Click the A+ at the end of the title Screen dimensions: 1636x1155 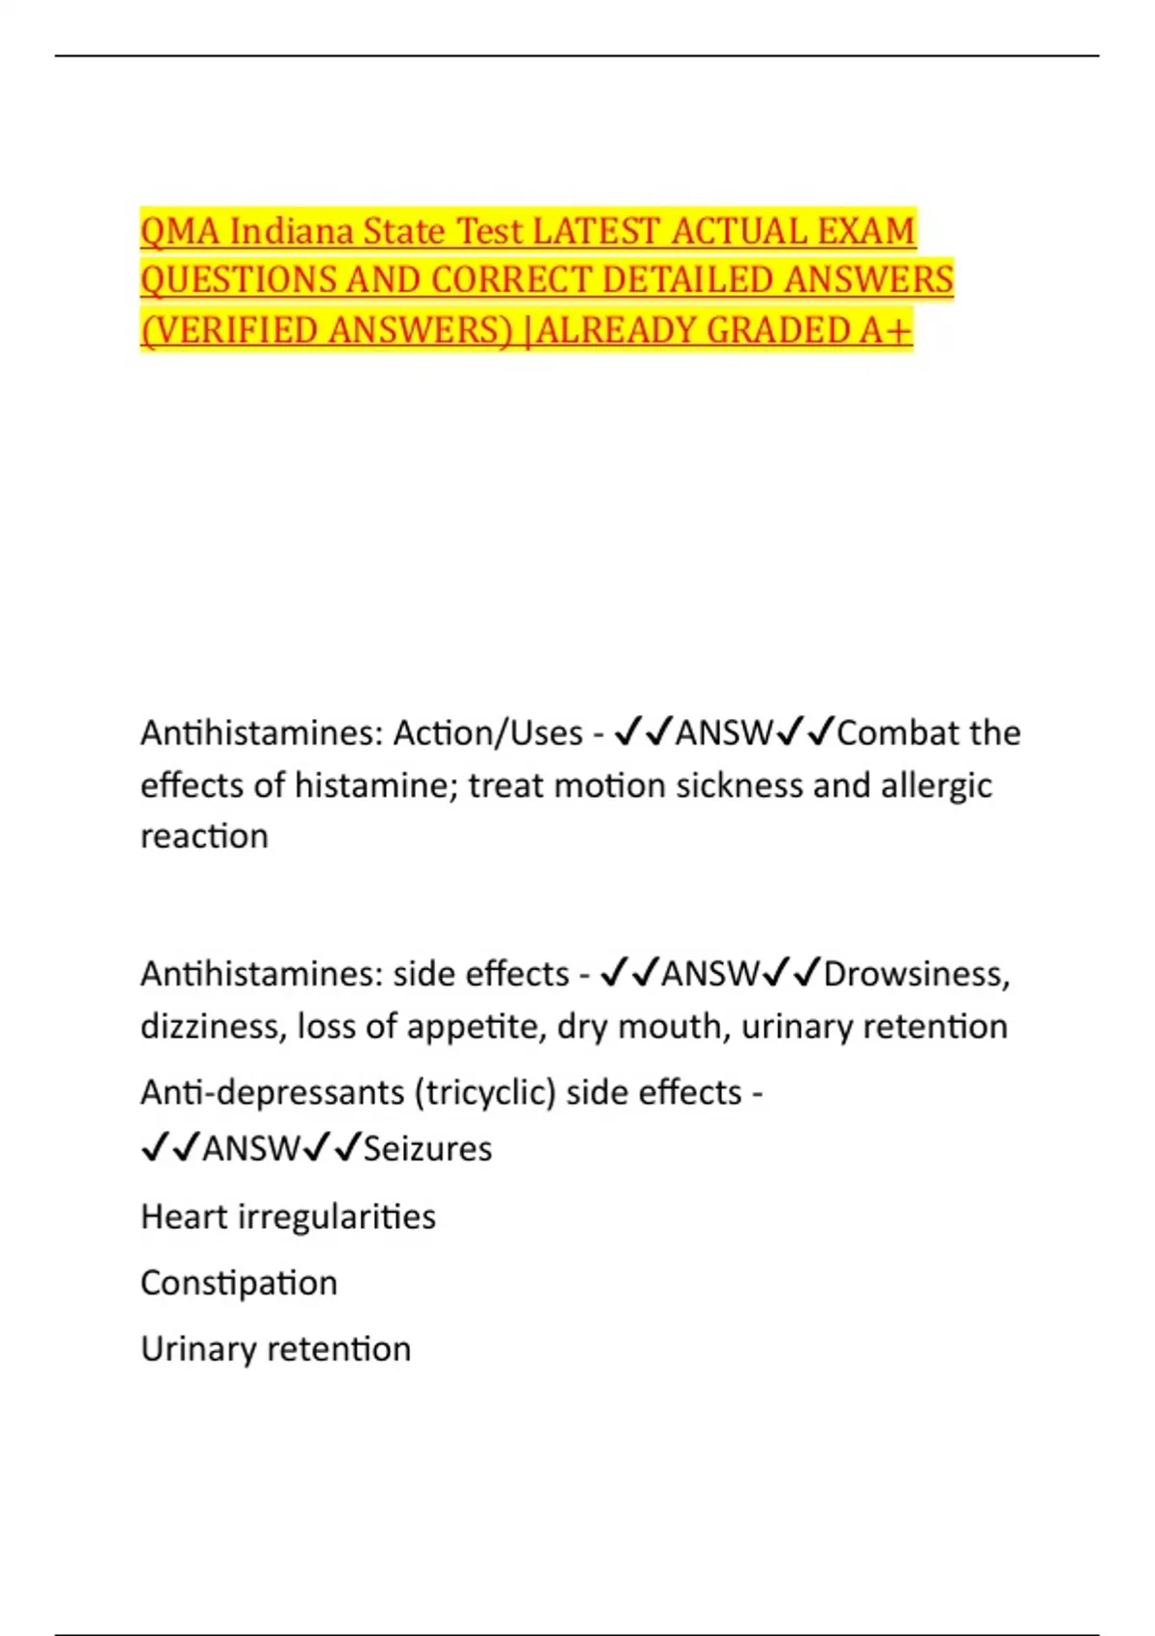click(885, 331)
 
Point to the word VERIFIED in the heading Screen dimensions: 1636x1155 click(228, 331)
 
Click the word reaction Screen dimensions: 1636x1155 click(204, 836)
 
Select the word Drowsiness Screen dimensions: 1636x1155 click(916, 974)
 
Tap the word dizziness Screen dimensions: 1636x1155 click(213, 1026)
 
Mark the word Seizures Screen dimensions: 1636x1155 click(427, 1148)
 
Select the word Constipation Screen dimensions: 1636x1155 click(239, 1283)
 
